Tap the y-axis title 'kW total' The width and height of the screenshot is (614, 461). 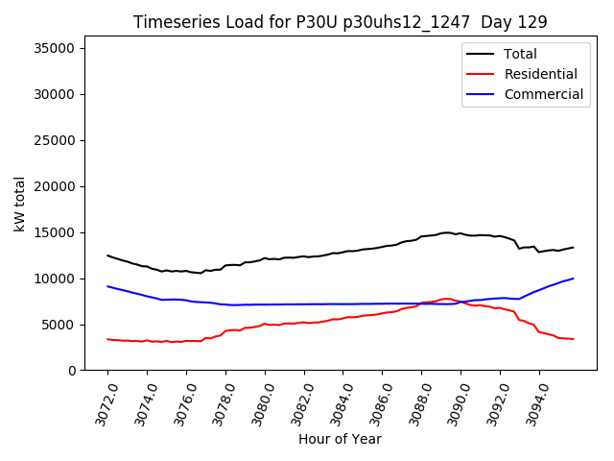click(x=20, y=209)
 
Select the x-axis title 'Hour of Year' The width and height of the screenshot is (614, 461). click(x=340, y=439)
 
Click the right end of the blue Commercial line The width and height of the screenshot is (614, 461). click(x=573, y=279)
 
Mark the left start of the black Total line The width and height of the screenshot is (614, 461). click(x=107, y=255)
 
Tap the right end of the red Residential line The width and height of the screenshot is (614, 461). click(x=573, y=339)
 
